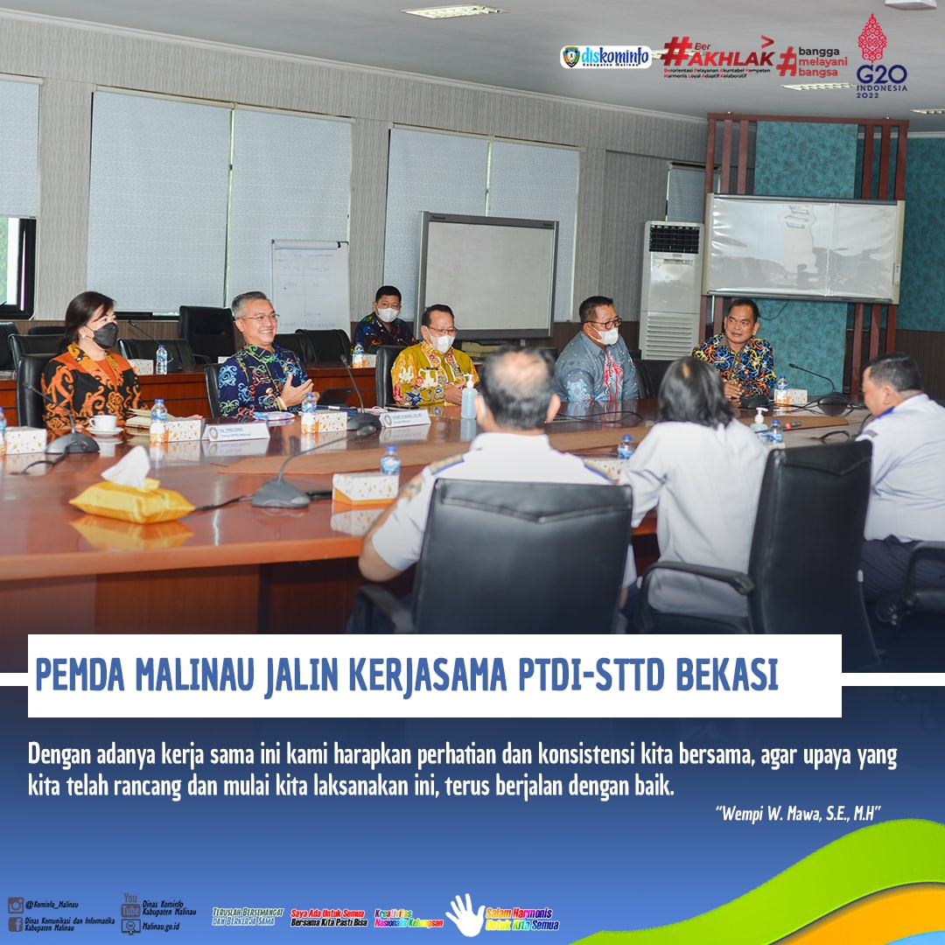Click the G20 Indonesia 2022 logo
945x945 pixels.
(881, 54)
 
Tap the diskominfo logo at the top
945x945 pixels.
(605, 57)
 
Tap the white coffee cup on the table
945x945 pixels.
(103, 423)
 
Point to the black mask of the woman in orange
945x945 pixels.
(104, 334)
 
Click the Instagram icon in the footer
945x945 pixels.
(16, 905)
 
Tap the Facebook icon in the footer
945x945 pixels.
(16, 924)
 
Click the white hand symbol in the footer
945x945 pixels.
(464, 915)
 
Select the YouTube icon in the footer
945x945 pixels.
(130, 905)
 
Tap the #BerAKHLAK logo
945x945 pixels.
(717, 57)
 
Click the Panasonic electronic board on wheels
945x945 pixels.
(487, 275)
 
